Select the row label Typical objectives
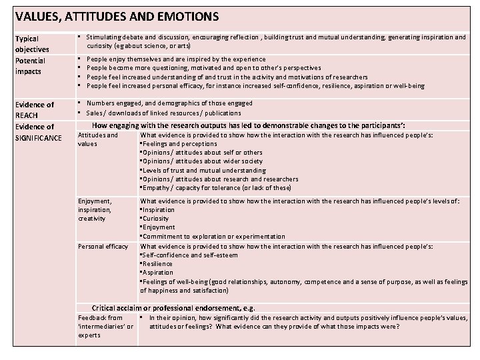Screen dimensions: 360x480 coord(31,44)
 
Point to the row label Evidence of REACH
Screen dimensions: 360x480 coord(34,109)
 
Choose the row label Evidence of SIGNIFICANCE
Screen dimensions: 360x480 coord(37,131)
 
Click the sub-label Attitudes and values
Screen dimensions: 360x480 coord(98,139)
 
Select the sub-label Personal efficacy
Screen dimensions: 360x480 coord(103,246)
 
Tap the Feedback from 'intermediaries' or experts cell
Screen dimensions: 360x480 coord(105,326)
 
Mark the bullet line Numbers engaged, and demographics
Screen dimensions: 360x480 coord(169,103)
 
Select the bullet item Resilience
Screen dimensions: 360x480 coord(157,263)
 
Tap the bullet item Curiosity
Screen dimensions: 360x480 coord(157,218)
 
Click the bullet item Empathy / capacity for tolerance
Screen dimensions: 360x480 coord(215,187)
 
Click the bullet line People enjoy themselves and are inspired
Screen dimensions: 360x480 coord(176,59)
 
